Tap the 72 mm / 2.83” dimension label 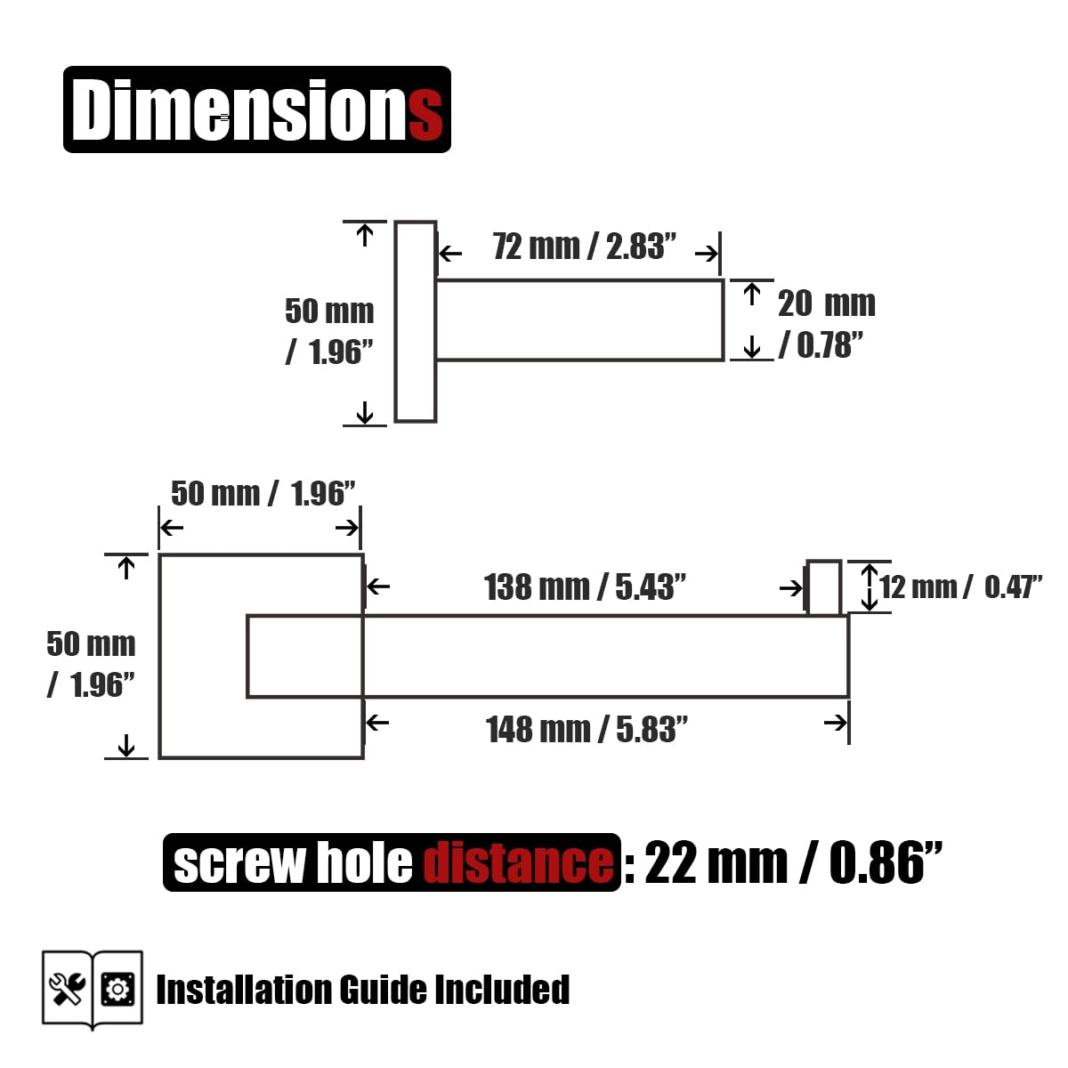pyautogui.click(x=584, y=247)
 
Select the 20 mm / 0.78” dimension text pyautogui.click(x=825, y=324)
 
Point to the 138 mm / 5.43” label pyautogui.click(x=585, y=587)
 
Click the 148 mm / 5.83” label pyautogui.click(x=587, y=730)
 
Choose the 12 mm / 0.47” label pyautogui.click(x=960, y=587)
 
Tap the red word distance pyautogui.click(x=519, y=863)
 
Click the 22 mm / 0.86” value pyautogui.click(x=794, y=863)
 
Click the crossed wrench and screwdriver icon pyautogui.click(x=67, y=989)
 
